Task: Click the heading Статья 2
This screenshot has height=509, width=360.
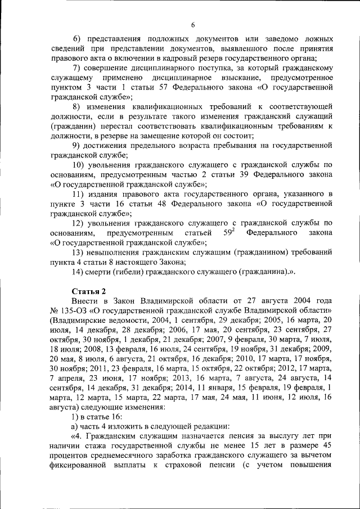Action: click(x=89, y=291)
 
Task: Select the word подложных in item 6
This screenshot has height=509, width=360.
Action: click(x=172, y=38)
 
